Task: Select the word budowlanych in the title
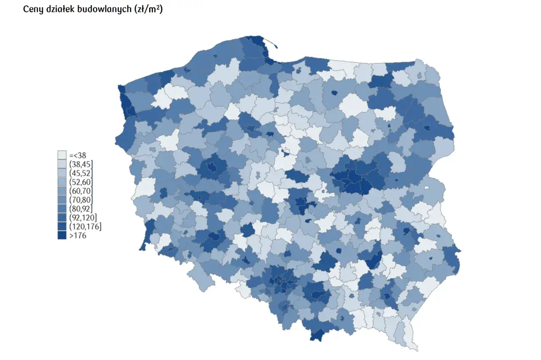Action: coord(109,9)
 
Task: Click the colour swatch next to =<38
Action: coord(62,155)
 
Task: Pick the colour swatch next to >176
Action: coord(62,236)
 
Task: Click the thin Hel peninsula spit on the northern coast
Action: coord(270,41)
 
